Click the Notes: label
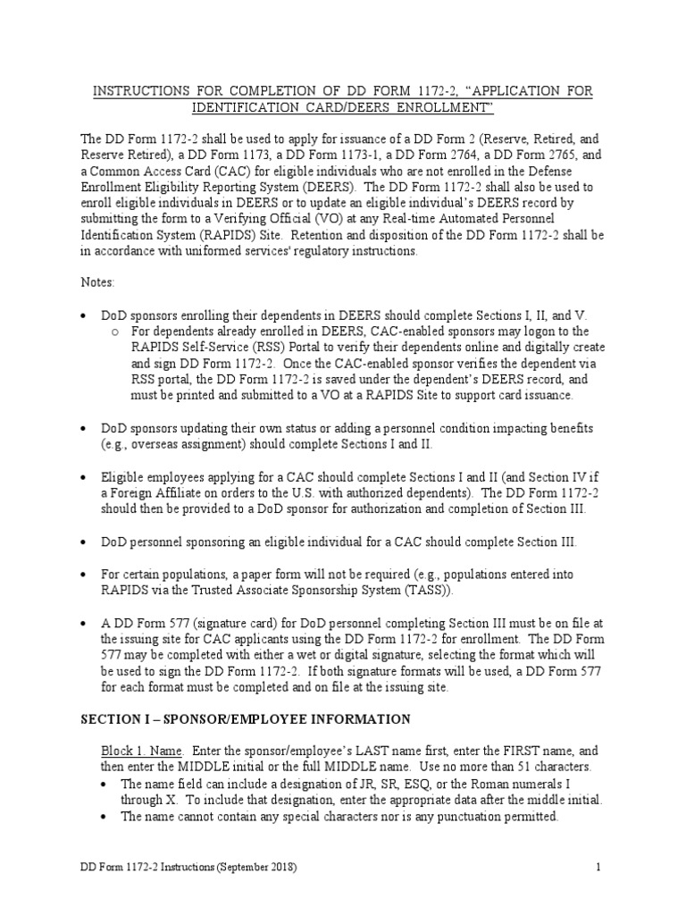click(x=97, y=281)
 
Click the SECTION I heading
click(x=246, y=719)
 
